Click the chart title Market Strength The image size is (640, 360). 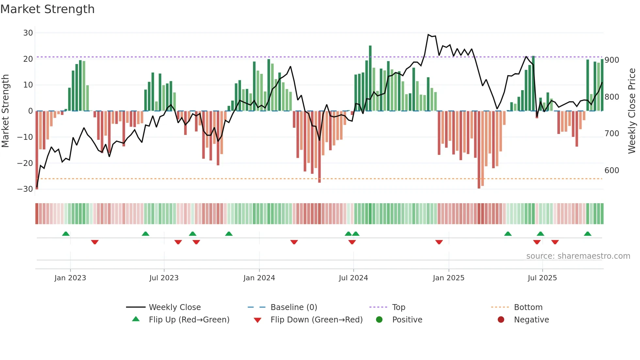tap(47, 9)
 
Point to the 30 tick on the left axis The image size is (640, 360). tap(28, 33)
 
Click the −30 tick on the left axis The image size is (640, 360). tap(25, 189)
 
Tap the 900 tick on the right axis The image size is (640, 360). tap(612, 60)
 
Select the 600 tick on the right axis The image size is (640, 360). tap(612, 171)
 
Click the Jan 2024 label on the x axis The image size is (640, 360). tap(259, 278)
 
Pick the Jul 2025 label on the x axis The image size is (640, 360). tap(542, 278)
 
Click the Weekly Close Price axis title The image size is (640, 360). tap(632, 111)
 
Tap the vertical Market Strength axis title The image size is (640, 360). tap(5, 111)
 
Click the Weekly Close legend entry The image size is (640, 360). tap(174, 307)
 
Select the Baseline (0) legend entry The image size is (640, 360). tap(294, 307)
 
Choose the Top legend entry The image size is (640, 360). tap(398, 307)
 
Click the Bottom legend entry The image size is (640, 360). tap(528, 307)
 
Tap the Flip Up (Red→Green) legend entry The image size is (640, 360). tap(189, 320)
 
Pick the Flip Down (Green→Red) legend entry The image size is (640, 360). tap(316, 320)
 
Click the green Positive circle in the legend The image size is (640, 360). tap(379, 319)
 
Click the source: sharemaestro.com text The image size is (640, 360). tap(578, 256)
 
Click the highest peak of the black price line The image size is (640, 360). tap(428, 35)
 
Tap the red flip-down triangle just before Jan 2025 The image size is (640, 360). tap(439, 242)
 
